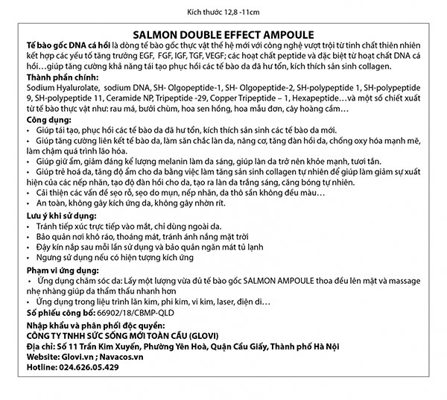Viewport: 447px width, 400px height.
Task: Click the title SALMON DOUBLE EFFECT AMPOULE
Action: tap(223, 34)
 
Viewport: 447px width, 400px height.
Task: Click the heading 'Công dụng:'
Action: tap(45, 118)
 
